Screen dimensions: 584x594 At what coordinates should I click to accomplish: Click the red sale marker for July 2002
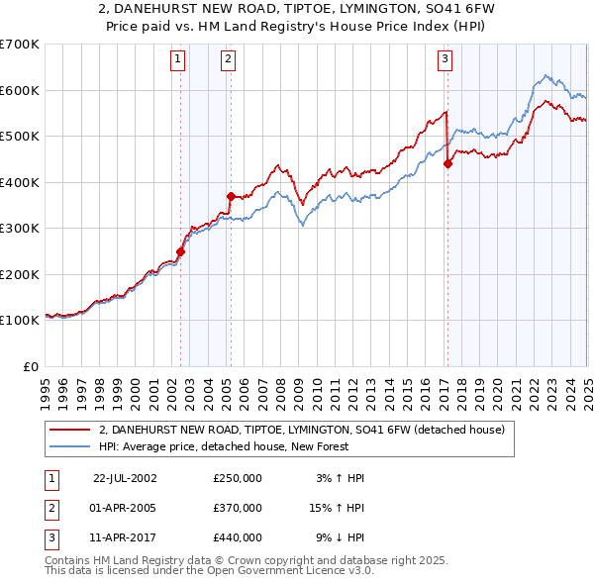[181, 251]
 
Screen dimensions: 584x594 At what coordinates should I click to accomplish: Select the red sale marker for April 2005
[231, 196]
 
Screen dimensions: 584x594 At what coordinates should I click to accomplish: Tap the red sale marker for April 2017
[447, 164]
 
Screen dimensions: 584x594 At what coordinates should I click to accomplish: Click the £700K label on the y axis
[20, 45]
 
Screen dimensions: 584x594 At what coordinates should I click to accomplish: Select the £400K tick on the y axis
[20, 182]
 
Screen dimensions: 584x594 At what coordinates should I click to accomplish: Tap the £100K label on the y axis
[20, 321]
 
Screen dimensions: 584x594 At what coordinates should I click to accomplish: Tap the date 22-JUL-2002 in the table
[125, 478]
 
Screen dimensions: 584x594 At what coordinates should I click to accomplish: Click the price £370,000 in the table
[238, 509]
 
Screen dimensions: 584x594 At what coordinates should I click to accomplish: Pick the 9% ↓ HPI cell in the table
[340, 539]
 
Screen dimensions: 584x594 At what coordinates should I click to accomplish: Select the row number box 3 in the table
[52, 539]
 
